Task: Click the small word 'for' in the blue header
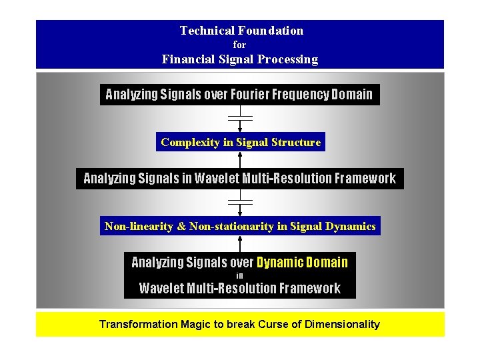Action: click(x=240, y=45)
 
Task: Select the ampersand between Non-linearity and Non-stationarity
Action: click(x=182, y=227)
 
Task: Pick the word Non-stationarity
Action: click(x=231, y=227)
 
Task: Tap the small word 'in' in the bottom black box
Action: click(x=240, y=275)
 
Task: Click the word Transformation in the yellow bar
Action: click(x=139, y=325)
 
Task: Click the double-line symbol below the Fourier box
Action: click(x=240, y=117)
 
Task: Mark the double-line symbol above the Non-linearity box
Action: click(x=240, y=201)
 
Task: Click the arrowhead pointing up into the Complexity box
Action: click(x=240, y=155)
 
